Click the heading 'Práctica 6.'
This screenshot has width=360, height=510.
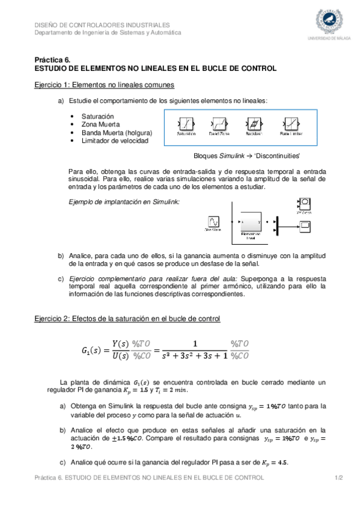click(x=52, y=60)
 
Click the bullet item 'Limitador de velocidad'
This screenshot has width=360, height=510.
click(x=115, y=141)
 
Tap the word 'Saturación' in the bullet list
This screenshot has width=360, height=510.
click(x=98, y=115)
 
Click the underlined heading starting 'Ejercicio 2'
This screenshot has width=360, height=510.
click(x=127, y=318)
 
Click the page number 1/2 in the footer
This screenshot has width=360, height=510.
click(x=338, y=478)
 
